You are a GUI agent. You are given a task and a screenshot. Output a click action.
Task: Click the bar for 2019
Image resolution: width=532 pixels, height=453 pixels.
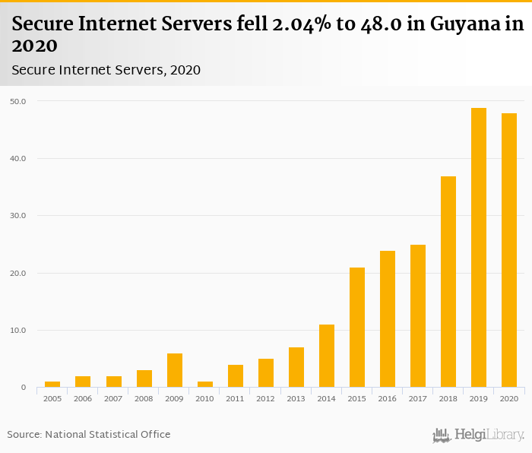(479, 248)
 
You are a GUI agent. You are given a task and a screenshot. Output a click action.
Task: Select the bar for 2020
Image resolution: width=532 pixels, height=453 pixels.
(509, 250)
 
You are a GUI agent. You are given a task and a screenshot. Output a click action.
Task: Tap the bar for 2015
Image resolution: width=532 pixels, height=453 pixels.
(357, 328)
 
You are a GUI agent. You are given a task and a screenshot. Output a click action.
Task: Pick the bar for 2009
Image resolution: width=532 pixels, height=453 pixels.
(175, 370)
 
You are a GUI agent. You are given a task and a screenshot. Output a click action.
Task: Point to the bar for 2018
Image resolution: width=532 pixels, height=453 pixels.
(448, 282)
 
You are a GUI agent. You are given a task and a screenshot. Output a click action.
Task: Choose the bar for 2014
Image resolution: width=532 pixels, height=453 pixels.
(327, 356)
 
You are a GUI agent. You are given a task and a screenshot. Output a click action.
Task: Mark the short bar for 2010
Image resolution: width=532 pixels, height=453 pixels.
(205, 384)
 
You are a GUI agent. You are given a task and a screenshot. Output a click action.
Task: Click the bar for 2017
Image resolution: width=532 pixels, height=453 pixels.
(418, 316)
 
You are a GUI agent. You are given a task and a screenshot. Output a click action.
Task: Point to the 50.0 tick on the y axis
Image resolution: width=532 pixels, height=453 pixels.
(18, 101)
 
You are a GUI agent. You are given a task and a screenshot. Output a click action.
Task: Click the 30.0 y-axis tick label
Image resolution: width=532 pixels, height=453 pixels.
(18, 216)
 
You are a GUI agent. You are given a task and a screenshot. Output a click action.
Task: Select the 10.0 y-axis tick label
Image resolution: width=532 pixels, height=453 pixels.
(18, 331)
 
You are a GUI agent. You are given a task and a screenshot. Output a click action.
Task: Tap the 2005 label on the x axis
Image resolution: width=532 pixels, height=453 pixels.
(52, 398)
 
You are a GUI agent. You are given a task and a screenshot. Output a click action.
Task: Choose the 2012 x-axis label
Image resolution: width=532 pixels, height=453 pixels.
(265, 398)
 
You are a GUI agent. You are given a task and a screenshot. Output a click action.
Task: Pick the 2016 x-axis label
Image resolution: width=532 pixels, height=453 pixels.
(387, 398)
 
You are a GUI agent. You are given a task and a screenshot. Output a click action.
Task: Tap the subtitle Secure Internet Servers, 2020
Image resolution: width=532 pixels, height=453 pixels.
(106, 70)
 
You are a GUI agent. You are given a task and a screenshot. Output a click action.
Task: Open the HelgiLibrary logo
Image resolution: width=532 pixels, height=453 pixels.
(478, 435)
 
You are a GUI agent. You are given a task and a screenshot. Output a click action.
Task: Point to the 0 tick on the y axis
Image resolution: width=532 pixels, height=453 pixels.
(23, 388)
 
